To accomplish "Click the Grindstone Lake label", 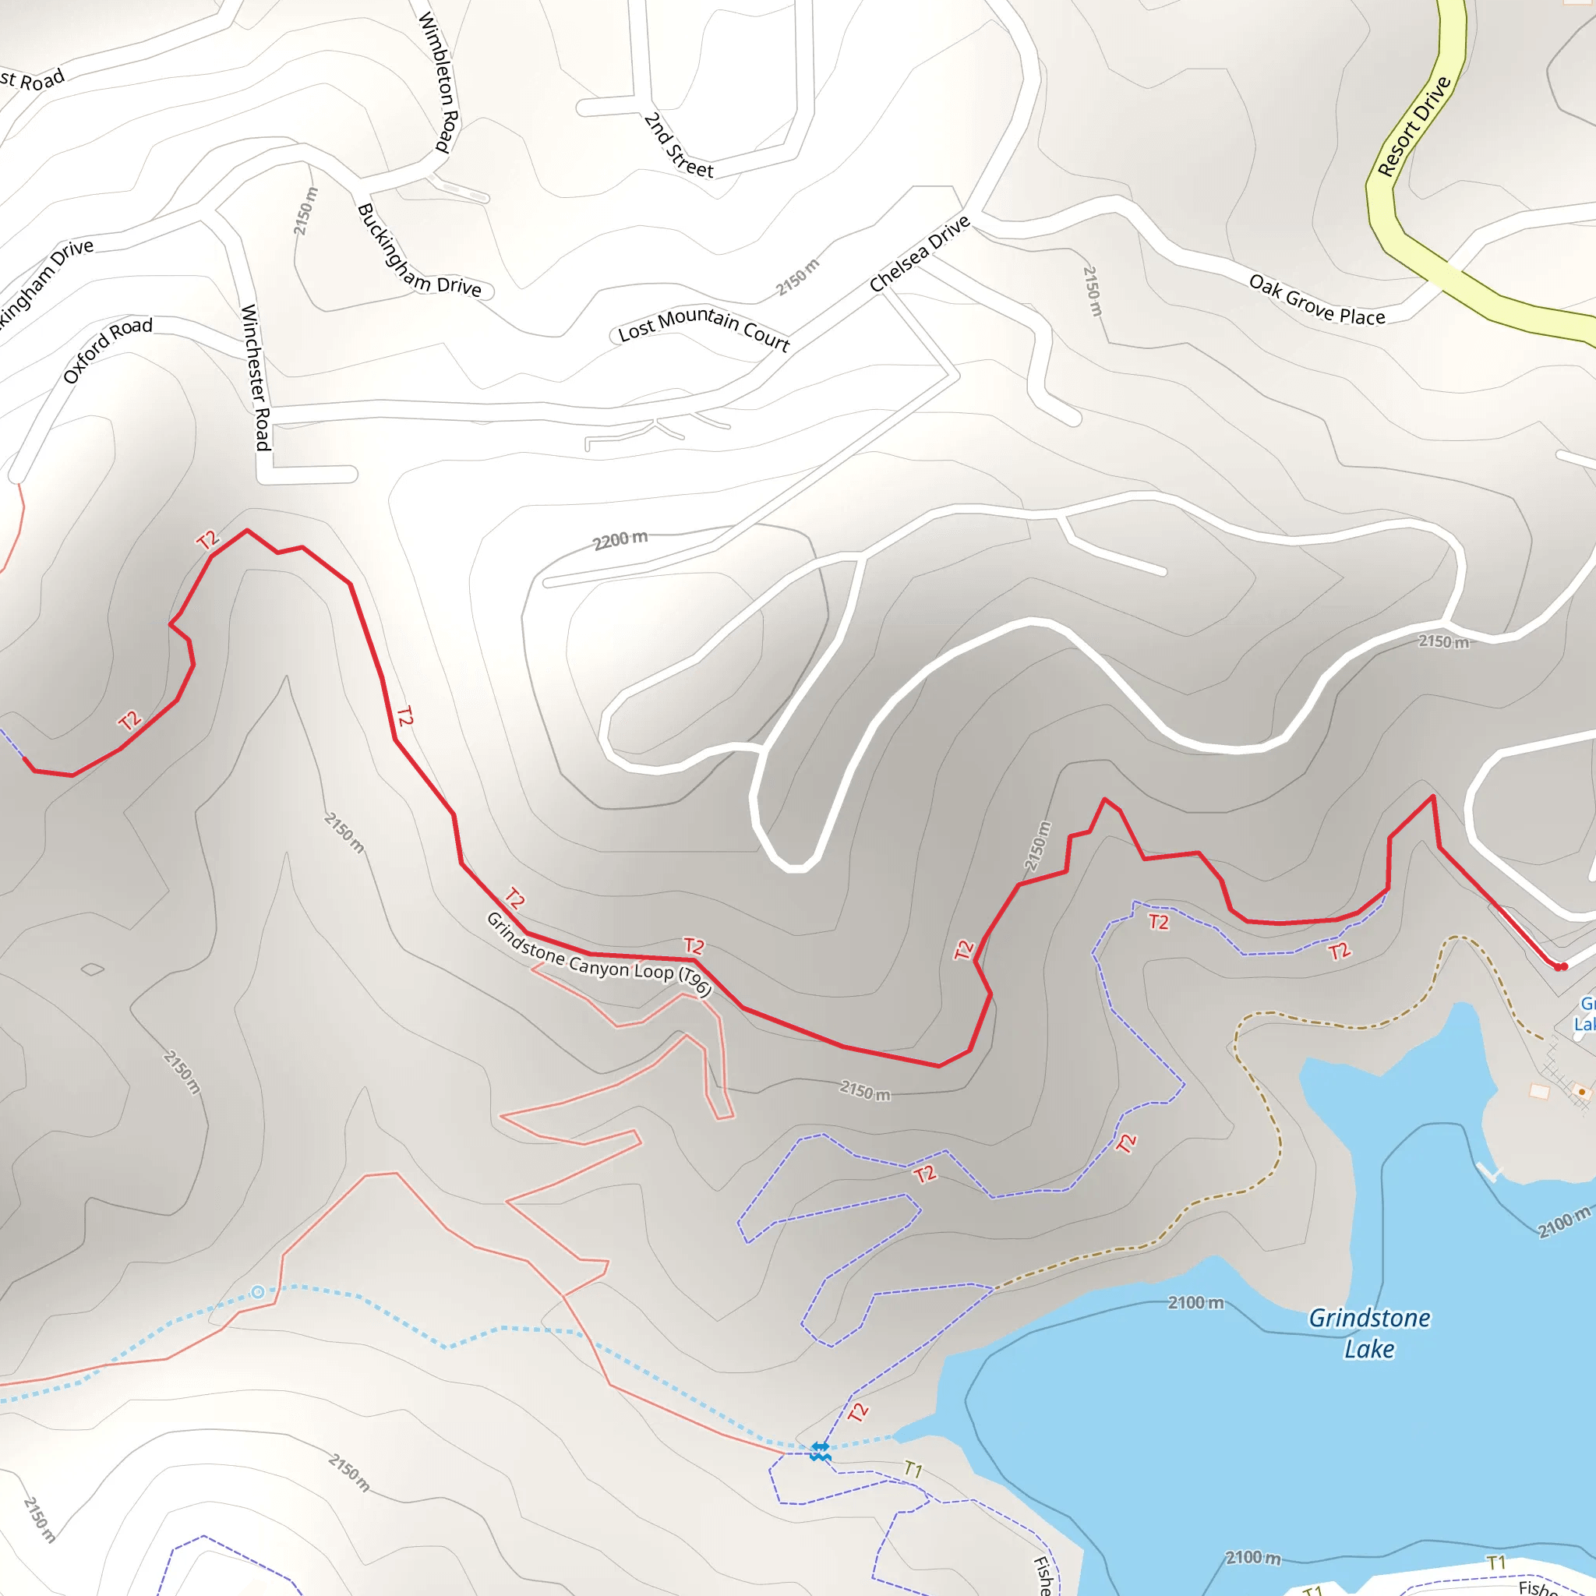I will [1368, 1333].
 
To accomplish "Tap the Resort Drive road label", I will [1414, 126].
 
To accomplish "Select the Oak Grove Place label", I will [1316, 300].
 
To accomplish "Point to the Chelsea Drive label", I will [919, 253].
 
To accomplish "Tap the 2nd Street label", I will [677, 147].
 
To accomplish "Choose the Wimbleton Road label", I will [439, 81].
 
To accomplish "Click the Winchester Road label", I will [256, 377].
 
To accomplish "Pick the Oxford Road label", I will [108, 350].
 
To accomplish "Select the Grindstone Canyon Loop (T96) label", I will [598, 955].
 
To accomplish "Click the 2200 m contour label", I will [620, 540].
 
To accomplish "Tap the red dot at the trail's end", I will [1560, 966].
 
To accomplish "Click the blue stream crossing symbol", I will [820, 1450].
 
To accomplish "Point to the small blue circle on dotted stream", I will [258, 1292].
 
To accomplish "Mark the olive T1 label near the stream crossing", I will [913, 1469].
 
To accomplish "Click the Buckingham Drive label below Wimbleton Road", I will [418, 249].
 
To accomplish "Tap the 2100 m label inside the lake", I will [1195, 1303].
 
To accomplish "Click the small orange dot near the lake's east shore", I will [1582, 1092].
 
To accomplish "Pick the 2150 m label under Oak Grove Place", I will [1093, 290].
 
